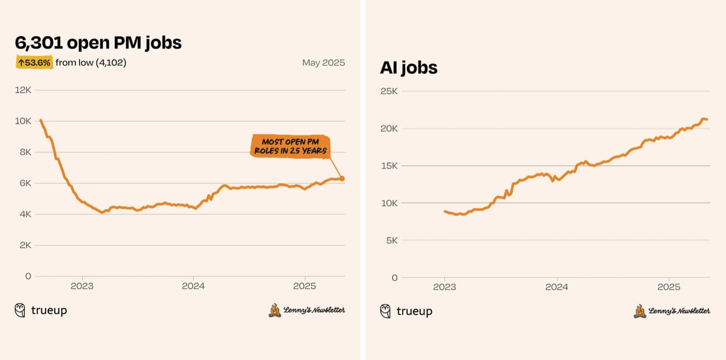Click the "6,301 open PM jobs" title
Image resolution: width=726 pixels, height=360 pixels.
pyautogui.click(x=98, y=43)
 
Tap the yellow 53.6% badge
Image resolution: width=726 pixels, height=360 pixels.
pyautogui.click(x=34, y=63)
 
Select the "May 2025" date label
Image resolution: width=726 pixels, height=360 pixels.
pyautogui.click(x=323, y=63)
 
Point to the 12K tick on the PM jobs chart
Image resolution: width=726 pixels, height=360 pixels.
pyautogui.click(x=23, y=90)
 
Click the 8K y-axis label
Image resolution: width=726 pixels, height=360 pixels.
pyautogui.click(x=25, y=152)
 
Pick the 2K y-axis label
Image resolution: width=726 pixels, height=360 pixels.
pyautogui.click(x=25, y=245)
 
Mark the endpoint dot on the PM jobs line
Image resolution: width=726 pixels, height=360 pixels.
pyautogui.click(x=342, y=179)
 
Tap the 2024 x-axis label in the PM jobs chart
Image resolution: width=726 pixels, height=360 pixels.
pyautogui.click(x=193, y=286)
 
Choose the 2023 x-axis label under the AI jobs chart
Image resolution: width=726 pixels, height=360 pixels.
pyautogui.click(x=445, y=287)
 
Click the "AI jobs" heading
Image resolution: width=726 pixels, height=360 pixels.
pyautogui.click(x=408, y=68)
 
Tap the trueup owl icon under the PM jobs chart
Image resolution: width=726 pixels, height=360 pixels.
pyautogui.click(x=20, y=310)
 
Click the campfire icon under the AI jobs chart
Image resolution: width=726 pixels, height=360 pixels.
pyautogui.click(x=639, y=311)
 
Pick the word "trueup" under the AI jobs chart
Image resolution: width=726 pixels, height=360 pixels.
pyautogui.click(x=414, y=311)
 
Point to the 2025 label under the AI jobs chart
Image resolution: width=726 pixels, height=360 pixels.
pyautogui.click(x=668, y=287)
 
